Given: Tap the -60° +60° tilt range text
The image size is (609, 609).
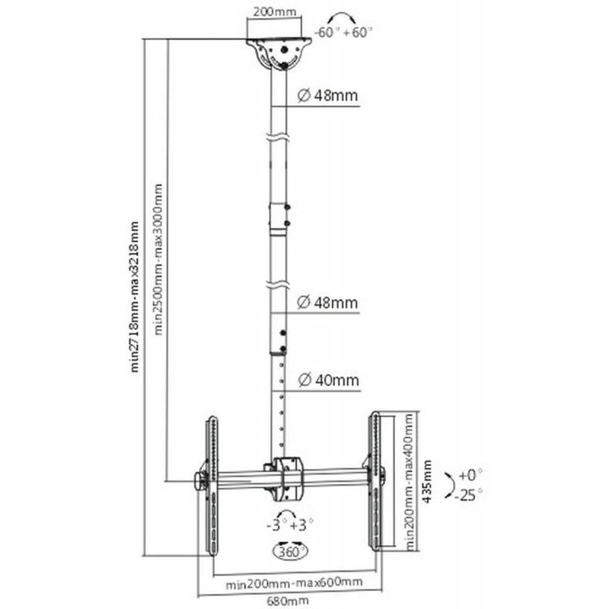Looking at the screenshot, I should (343, 33).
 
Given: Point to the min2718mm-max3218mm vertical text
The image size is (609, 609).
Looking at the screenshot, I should (135, 297).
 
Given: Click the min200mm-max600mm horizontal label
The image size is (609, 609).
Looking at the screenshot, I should (294, 582).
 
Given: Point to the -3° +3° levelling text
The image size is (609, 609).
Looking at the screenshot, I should (289, 525).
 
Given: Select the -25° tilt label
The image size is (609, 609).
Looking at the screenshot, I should (470, 495).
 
